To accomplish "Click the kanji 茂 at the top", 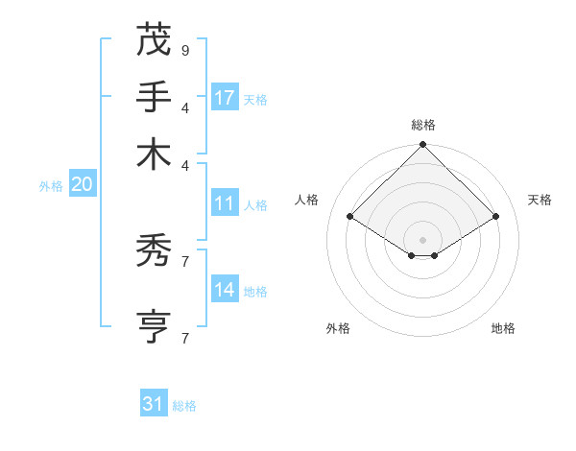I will pos(154,39).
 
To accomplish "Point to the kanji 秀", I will pos(154,251).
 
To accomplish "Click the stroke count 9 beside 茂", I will pos(184,49).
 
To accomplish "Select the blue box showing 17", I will pos(225,97).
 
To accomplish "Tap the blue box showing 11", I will pos(225,203).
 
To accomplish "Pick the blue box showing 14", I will pos(225,290).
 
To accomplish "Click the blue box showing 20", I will pos(83,185).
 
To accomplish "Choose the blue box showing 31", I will pos(154,404).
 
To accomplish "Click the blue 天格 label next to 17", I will pos(255,99).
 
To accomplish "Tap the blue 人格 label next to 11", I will pos(255,204).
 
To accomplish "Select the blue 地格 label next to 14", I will pos(255,291).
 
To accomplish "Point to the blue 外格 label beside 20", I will pos(51,186).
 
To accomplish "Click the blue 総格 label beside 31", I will pos(184,406).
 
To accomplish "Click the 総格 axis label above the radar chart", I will pos(422,125).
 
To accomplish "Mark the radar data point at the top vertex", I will pos(422,146).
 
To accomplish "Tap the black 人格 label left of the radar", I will pos(307,200).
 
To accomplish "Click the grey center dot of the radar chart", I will pos(422,239).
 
